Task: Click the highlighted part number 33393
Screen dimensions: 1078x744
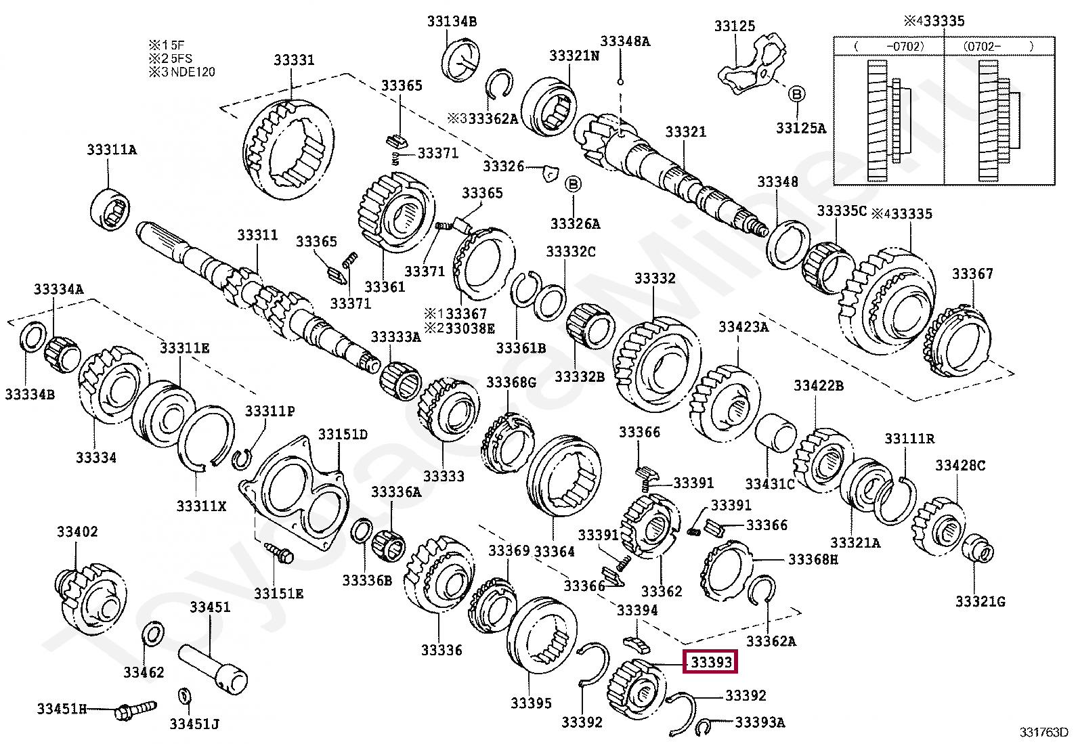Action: coord(711,662)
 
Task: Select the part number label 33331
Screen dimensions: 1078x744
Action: coord(294,60)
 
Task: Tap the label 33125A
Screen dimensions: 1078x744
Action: coord(801,128)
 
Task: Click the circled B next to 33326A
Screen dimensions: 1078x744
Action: coord(573,184)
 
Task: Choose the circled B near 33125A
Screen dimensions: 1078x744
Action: coord(796,93)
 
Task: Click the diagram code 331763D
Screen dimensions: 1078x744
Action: coord(1043,732)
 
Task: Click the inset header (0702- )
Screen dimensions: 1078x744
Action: coord(998,46)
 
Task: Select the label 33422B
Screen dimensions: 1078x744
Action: coord(819,385)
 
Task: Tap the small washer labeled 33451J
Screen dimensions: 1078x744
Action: coord(184,695)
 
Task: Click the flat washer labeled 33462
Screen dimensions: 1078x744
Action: coord(154,634)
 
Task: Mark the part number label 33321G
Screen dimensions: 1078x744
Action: coord(980,602)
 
